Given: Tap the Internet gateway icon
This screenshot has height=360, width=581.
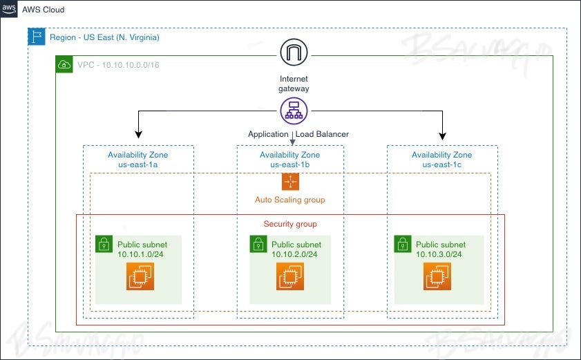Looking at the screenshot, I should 294,53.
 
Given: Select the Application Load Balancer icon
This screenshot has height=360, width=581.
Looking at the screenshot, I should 294,111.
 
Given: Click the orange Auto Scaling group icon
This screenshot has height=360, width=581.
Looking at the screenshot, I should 290,181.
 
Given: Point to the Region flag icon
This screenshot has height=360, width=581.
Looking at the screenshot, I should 37,37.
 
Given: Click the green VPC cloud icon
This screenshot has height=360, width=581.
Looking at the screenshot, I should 64,65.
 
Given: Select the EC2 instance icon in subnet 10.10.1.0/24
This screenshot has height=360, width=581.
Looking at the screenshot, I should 140,276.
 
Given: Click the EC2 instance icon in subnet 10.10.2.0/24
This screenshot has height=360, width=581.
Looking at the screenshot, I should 290,276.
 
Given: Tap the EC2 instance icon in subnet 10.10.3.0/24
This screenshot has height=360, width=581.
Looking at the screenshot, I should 437,276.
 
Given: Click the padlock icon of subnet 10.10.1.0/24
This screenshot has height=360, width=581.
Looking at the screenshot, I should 104,244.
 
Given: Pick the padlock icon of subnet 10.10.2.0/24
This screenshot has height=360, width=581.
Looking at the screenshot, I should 258,244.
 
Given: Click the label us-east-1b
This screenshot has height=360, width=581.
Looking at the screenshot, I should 289,164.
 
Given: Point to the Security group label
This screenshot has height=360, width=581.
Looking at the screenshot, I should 290,224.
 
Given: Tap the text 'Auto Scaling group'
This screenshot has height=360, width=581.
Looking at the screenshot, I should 289,200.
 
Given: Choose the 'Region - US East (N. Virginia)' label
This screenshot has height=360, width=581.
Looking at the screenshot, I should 104,37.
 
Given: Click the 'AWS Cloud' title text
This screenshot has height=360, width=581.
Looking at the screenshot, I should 43,10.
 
